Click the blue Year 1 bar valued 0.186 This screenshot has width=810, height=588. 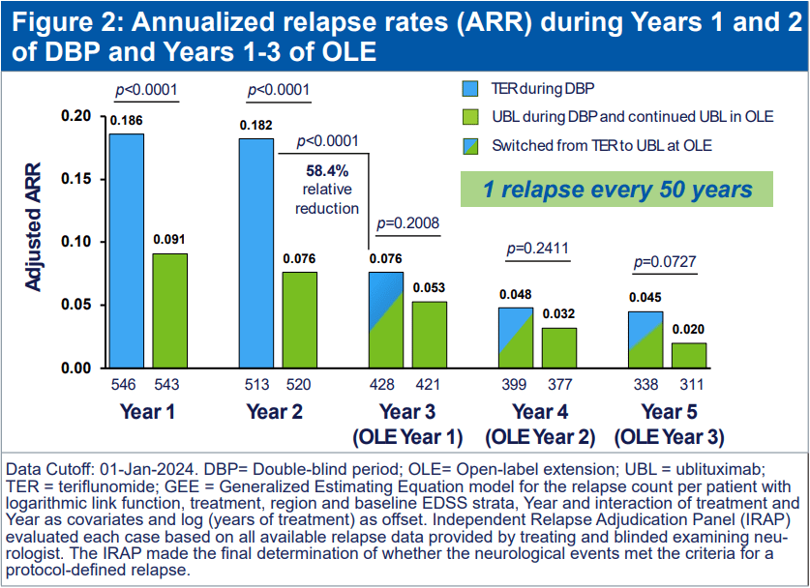pyautogui.click(x=126, y=250)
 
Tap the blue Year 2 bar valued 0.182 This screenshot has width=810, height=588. pyautogui.click(x=255, y=252)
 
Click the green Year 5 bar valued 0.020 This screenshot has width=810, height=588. pyautogui.click(x=690, y=355)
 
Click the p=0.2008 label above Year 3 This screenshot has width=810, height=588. pyautogui.click(x=407, y=223)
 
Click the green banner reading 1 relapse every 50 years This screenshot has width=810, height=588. pyautogui.click(x=618, y=189)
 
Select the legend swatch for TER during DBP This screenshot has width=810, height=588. pyautogui.click(x=472, y=88)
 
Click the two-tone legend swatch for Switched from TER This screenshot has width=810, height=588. pyautogui.click(x=472, y=146)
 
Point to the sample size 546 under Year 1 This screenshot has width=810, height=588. pyautogui.click(x=126, y=385)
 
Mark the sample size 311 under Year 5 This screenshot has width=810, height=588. pyautogui.click(x=690, y=385)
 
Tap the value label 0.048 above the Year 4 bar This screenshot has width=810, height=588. pyautogui.click(x=516, y=294)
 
